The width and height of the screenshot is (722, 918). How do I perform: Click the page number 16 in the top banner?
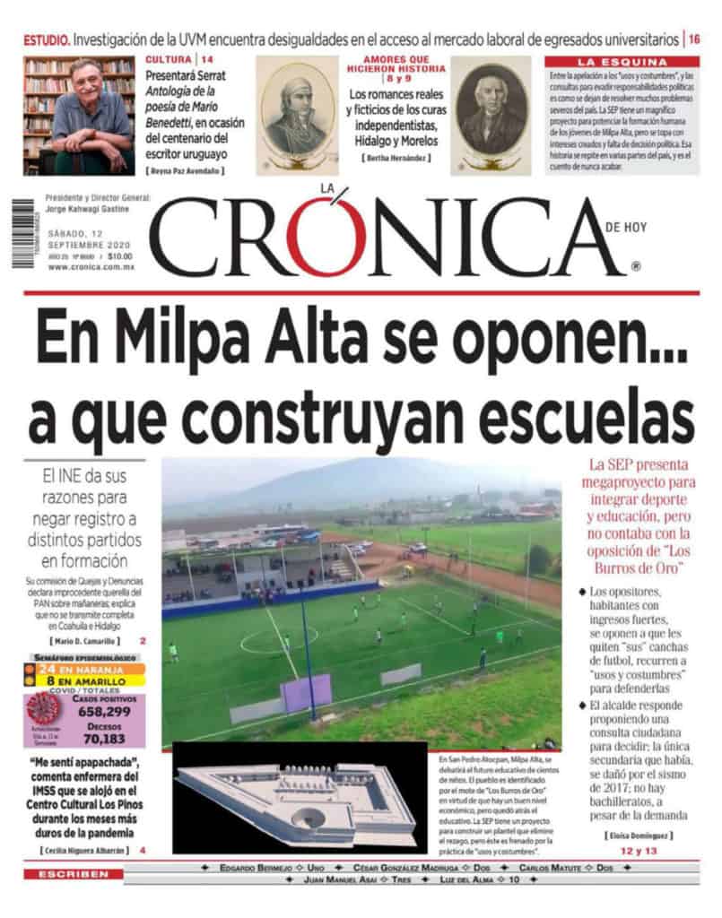[695, 39]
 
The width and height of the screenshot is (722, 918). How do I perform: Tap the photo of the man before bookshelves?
[78, 115]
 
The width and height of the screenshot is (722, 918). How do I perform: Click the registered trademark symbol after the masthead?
[635, 266]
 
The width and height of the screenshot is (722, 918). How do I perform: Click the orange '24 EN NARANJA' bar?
[85, 667]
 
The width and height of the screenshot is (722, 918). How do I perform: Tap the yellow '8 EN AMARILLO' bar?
[85, 680]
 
